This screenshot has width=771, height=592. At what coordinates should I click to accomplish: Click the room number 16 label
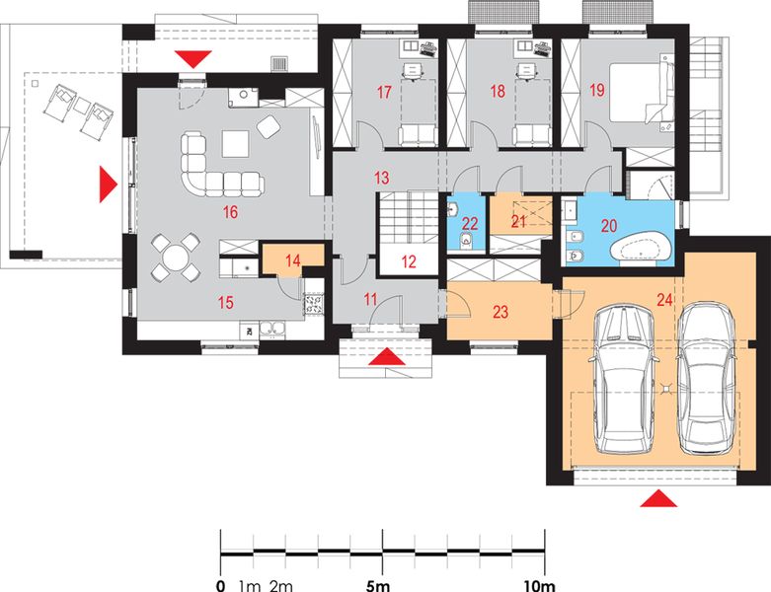point(230,212)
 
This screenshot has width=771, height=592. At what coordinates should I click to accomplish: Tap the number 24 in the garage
point(664,299)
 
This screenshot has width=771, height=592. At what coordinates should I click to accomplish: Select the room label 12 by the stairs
point(408,261)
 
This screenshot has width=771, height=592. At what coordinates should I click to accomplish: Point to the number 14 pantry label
point(292,260)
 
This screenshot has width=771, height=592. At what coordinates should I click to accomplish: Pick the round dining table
point(176,258)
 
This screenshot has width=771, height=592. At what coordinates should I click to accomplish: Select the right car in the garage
point(707,377)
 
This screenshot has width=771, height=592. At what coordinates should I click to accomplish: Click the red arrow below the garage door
point(658,498)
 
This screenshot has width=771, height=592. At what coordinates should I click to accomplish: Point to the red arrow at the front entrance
point(387,356)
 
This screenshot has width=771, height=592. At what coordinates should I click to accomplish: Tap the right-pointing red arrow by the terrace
point(109,185)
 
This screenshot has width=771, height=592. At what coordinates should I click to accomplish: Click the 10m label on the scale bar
point(539,586)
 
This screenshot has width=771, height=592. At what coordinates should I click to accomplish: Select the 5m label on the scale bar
point(378,586)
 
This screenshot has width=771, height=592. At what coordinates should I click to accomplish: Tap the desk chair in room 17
point(414,70)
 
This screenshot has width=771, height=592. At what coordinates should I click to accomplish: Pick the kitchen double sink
point(271,330)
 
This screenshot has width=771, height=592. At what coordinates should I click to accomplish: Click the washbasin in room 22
point(453,210)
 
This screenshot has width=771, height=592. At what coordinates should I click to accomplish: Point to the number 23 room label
point(501,312)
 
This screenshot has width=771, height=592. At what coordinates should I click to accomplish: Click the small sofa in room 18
point(531,135)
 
